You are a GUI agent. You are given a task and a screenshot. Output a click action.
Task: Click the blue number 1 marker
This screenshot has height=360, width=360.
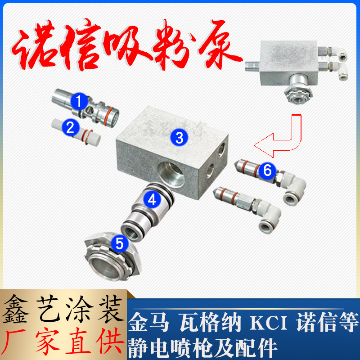pos(79,101)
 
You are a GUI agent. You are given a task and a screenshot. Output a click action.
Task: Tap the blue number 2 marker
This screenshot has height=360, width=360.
pos(70,127)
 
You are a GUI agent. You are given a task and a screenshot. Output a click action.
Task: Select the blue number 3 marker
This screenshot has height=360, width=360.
pos(179,138)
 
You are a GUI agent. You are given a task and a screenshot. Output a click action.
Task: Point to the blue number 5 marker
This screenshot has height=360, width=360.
pos(119,243)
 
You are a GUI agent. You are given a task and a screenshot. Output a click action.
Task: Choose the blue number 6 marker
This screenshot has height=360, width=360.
pos(267,170)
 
